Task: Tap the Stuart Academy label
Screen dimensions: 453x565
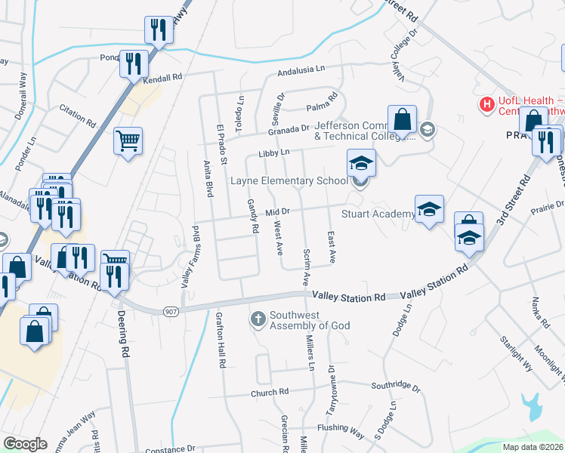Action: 377,214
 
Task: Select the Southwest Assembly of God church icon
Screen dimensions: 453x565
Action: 258,319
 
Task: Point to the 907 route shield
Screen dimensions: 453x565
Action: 169,310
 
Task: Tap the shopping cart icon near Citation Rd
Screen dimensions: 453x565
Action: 128,140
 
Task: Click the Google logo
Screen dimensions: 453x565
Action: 25,444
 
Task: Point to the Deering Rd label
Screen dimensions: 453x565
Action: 122,334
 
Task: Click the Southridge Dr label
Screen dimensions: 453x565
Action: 395,387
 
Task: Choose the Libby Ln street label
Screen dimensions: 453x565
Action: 274,153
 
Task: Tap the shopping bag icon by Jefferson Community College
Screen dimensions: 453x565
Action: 402,119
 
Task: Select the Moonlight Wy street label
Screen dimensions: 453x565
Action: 548,359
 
